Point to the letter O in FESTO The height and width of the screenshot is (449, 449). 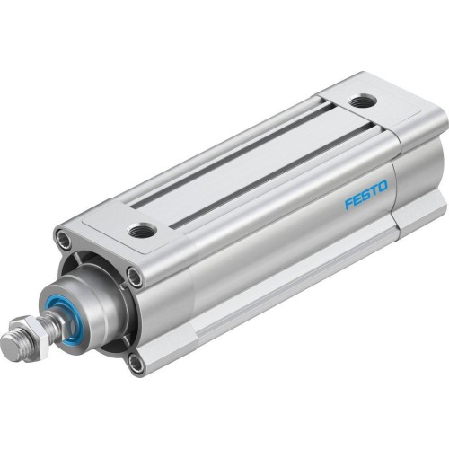pos(383,186)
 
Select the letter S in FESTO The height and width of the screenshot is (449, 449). pos(365,195)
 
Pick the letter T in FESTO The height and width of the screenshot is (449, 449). pos(374,190)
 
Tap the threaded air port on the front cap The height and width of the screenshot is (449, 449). pos(141,232)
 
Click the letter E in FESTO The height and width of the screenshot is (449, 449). pos(357,198)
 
